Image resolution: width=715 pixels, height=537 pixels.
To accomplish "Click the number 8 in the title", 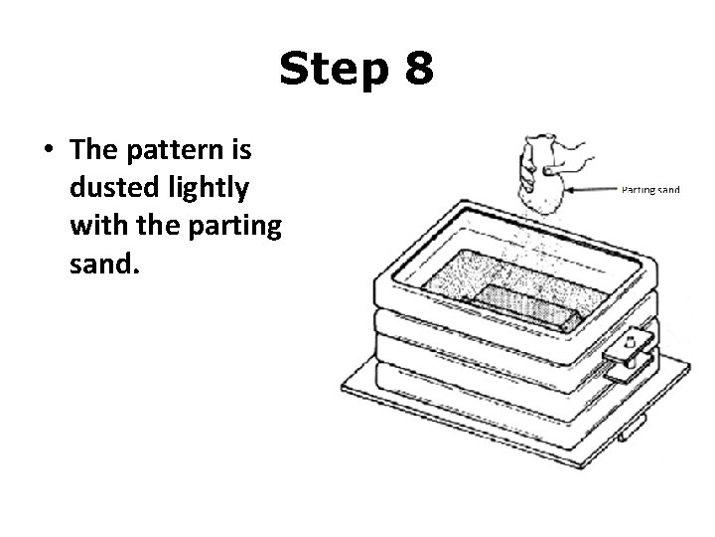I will [x=417, y=70].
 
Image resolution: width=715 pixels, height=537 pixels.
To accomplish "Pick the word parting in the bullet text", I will [x=234, y=225].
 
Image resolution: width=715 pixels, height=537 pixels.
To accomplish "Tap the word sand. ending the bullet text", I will [x=102, y=262].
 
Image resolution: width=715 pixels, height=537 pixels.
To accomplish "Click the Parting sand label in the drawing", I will [x=649, y=189].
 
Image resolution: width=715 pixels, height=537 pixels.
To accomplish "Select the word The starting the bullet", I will [x=92, y=151].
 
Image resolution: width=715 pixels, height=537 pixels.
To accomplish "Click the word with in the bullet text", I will [x=97, y=225].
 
